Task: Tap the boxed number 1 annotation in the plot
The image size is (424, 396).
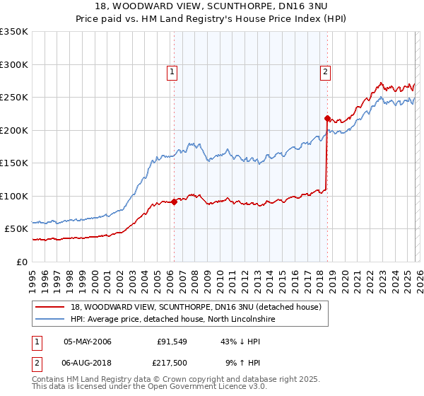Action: [172, 71]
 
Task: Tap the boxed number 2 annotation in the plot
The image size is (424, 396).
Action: [325, 71]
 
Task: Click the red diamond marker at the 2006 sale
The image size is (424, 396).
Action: [173, 202]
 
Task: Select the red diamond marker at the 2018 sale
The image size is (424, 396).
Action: [327, 118]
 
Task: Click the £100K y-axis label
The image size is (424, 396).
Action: [14, 196]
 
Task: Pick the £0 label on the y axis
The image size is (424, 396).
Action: [21, 262]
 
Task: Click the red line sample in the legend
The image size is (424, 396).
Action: [49, 307]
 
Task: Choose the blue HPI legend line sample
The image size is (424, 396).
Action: [49, 320]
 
